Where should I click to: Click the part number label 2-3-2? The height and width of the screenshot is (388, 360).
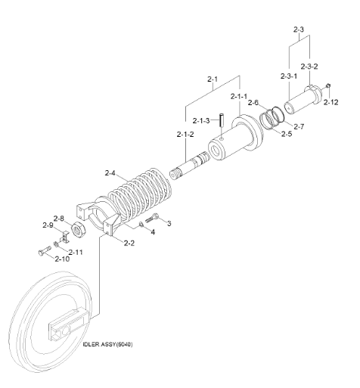click(309, 67)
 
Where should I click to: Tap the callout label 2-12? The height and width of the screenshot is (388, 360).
click(331, 102)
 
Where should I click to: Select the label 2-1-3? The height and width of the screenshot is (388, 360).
click(201, 121)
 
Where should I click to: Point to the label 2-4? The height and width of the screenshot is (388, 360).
click(110, 173)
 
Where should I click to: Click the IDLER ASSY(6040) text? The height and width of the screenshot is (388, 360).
click(107, 344)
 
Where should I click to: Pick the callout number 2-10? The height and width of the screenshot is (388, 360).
click(62, 259)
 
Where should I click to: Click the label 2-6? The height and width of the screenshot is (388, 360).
click(253, 103)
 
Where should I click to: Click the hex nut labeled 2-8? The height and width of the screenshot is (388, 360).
click(79, 229)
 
